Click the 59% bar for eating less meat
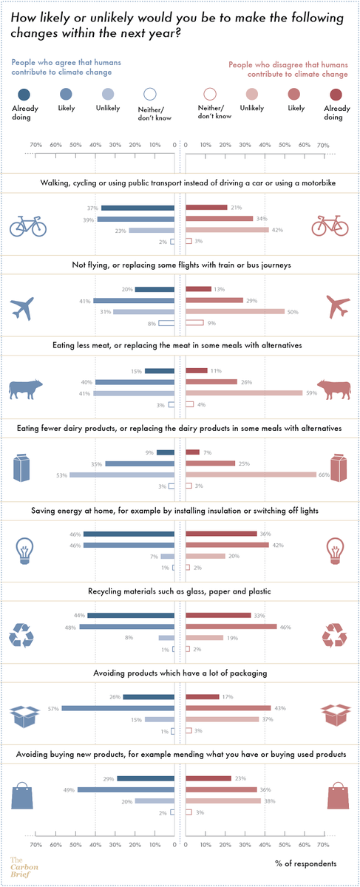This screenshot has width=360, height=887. [244, 393]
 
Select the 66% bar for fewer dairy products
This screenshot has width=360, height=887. [251, 475]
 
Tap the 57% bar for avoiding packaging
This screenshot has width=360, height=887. [118, 708]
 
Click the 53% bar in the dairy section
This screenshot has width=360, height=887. [122, 475]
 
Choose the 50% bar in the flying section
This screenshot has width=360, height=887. [234, 312]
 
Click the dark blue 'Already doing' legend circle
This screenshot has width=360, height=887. [24, 94]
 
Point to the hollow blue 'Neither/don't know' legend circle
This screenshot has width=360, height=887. [150, 94]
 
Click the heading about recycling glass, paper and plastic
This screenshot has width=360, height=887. [180, 591]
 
